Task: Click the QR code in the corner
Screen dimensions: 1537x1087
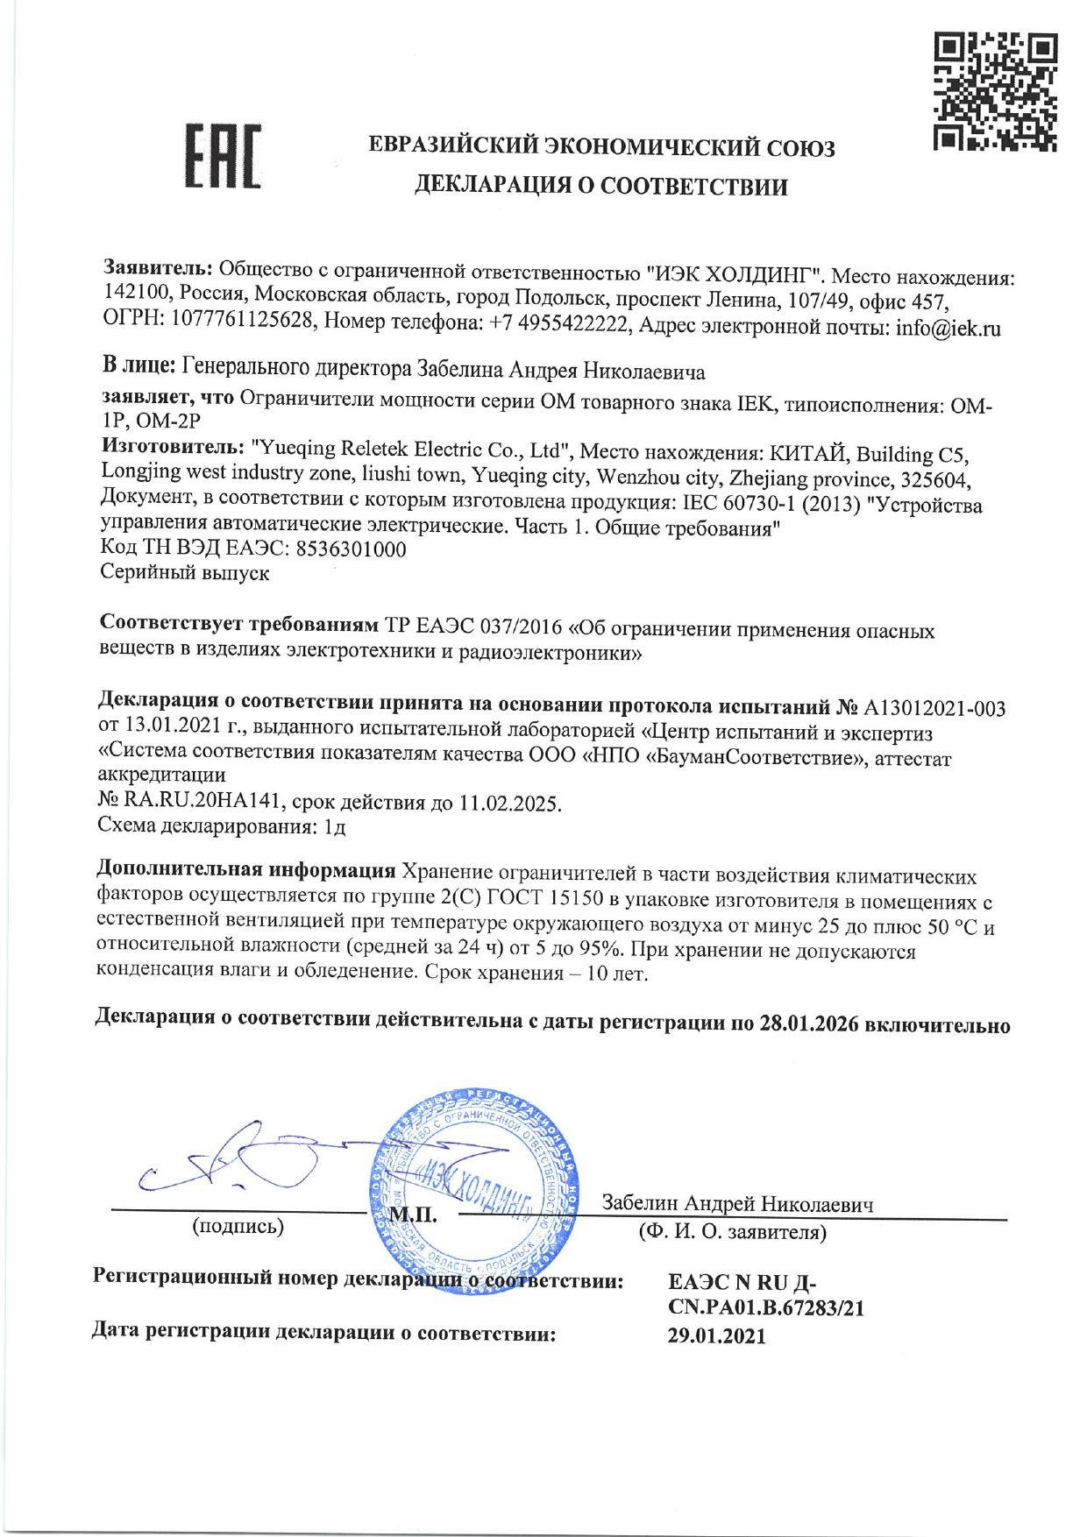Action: pos(995,92)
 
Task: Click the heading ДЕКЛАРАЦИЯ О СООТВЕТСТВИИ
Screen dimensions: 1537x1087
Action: pos(600,186)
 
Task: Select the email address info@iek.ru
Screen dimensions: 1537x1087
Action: pos(948,329)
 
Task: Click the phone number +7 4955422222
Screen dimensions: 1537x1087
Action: pos(559,324)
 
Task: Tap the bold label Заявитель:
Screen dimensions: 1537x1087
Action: pos(158,266)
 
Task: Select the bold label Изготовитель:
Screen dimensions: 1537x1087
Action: pos(172,446)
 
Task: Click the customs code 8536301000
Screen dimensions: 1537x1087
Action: pos(351,549)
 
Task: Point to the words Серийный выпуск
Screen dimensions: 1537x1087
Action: pos(185,573)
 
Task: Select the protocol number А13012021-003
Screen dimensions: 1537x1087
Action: pos(934,708)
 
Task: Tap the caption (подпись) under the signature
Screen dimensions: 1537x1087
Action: pos(238,1226)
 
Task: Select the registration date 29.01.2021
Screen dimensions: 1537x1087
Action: pos(716,1336)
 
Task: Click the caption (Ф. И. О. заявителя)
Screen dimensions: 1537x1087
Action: pos(732,1232)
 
